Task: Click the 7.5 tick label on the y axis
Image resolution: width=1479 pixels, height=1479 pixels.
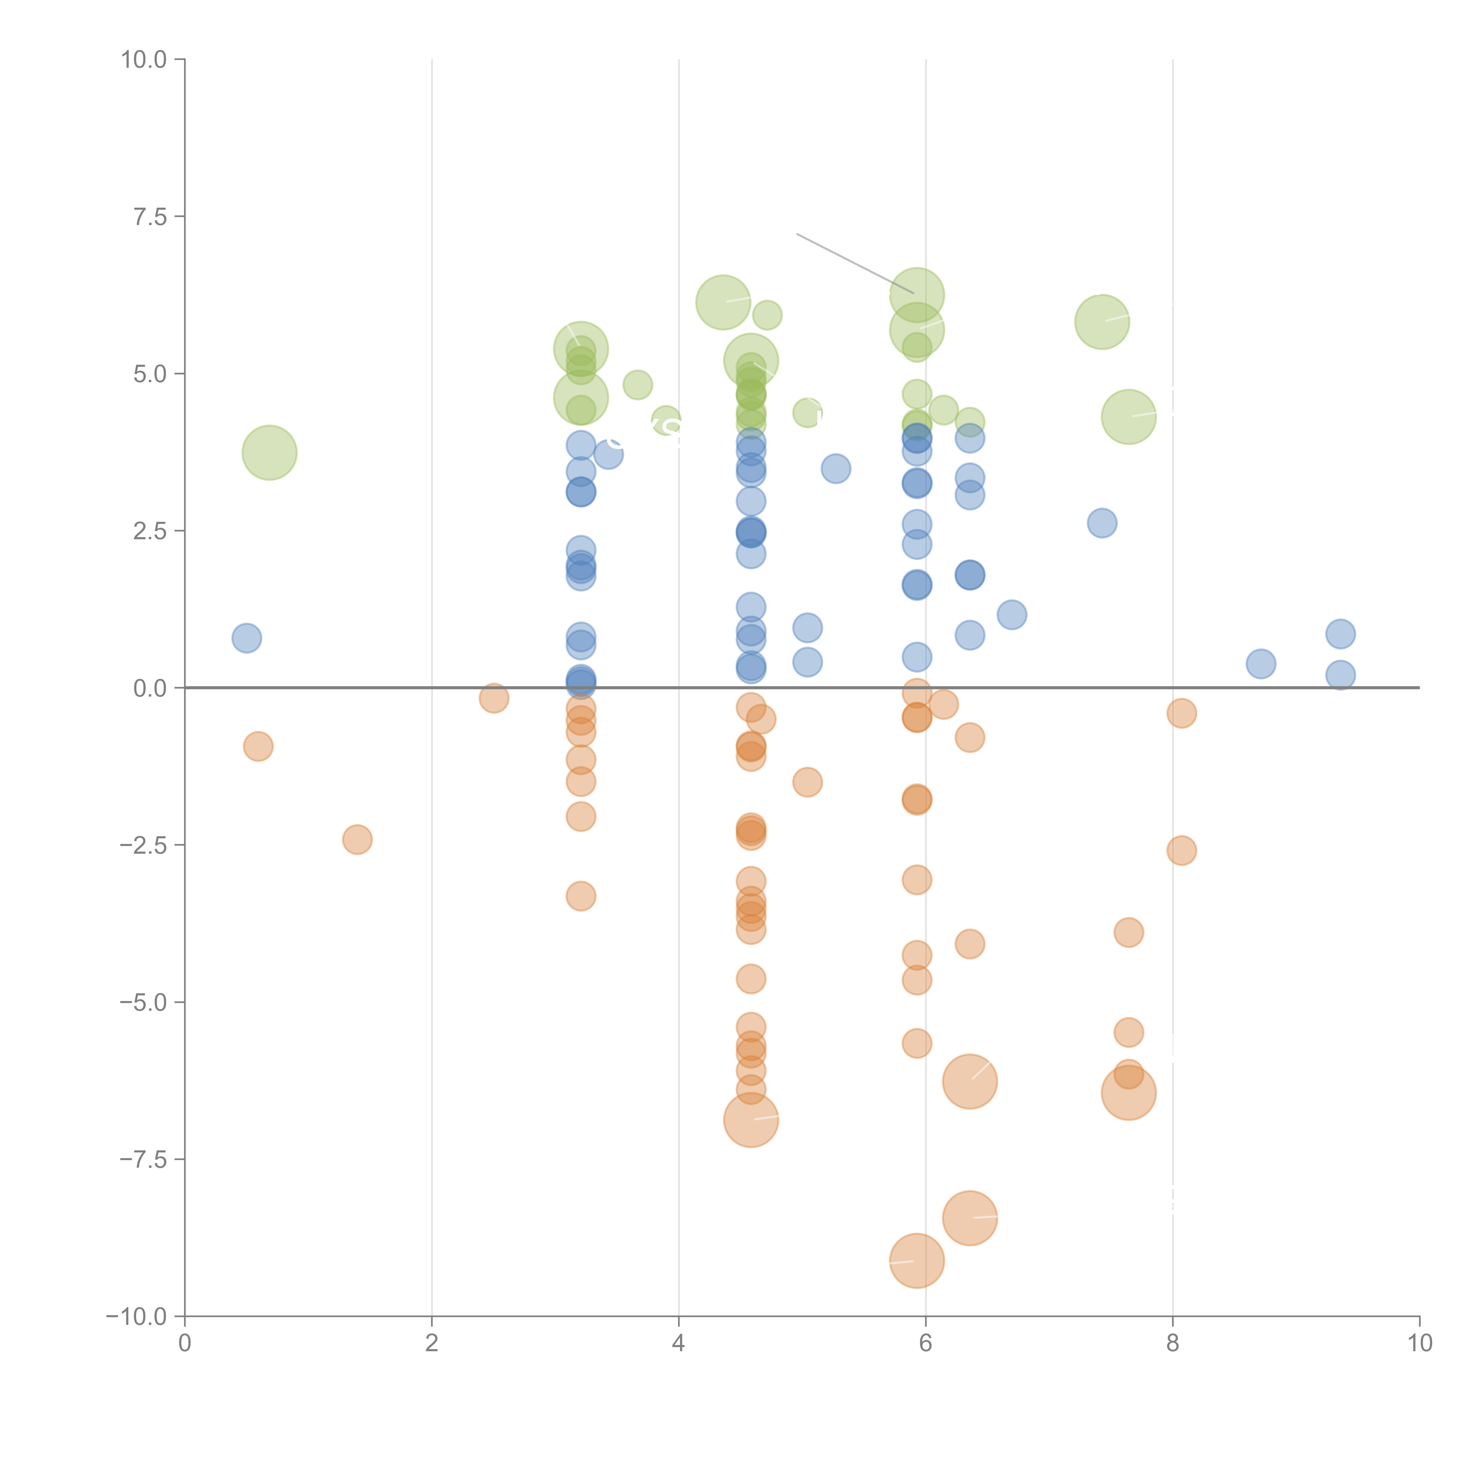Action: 150,217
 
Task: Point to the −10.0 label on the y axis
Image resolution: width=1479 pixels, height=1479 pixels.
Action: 136,1317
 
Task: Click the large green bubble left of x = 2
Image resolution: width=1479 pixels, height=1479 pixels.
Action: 269,453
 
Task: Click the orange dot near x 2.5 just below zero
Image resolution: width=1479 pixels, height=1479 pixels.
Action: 494,697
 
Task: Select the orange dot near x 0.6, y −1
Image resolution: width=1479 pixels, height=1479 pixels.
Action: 258,746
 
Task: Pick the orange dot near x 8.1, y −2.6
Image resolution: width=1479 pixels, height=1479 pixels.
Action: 1181,850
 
